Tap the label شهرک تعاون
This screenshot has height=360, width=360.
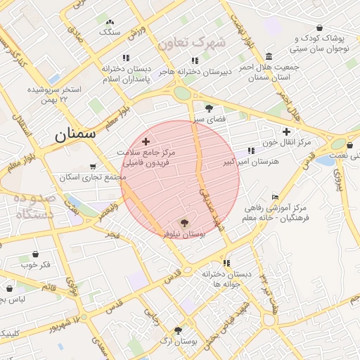point(191,43)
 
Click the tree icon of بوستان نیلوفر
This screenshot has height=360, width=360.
point(184,222)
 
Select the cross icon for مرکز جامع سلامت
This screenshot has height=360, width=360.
point(146,141)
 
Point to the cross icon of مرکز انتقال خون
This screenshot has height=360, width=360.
point(286,131)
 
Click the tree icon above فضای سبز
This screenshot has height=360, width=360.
point(209,108)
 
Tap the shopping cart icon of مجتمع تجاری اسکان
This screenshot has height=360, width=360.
point(93,167)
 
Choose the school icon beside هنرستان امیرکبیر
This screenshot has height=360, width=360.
point(251,150)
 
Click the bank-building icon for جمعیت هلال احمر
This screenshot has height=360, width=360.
point(269,56)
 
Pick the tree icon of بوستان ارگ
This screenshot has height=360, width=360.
point(177,330)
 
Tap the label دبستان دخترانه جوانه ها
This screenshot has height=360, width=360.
point(227,278)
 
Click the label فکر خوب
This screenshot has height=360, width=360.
point(35,264)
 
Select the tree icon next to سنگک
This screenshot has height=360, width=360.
point(110,21)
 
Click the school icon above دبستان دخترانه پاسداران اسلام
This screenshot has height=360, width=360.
point(126,58)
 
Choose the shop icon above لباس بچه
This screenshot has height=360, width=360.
point(10,288)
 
